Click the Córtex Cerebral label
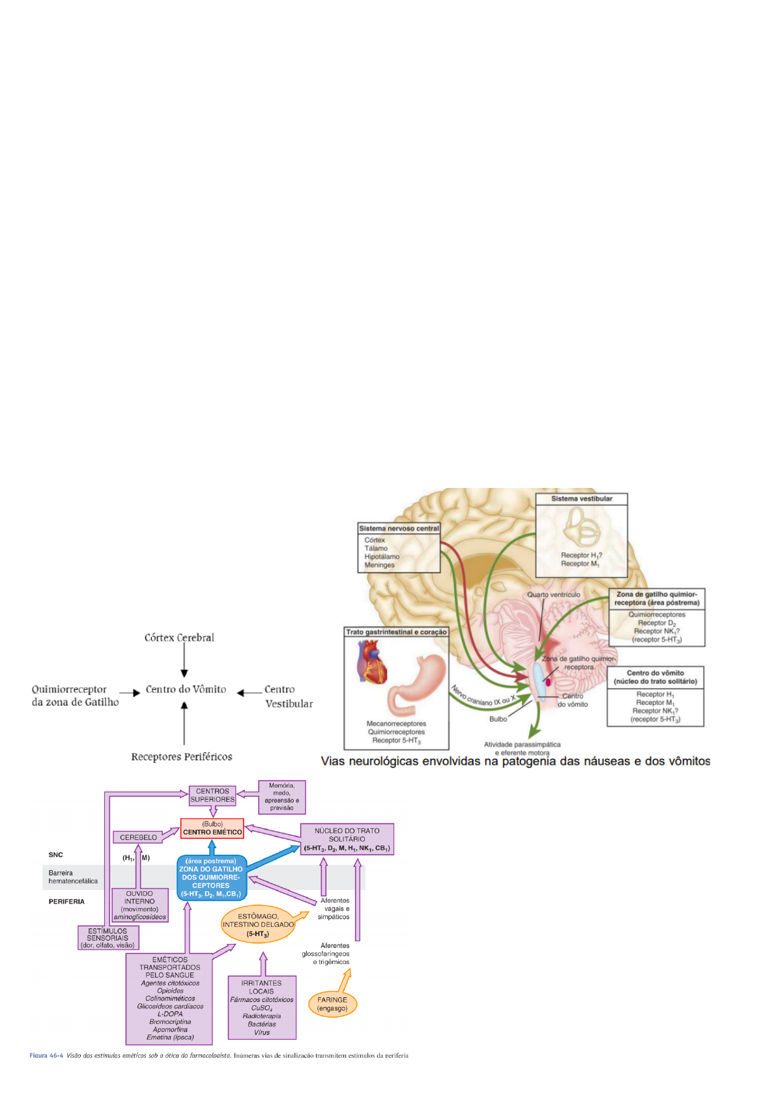pyautogui.click(x=179, y=638)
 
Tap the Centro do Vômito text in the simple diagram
pyautogui.click(x=186, y=689)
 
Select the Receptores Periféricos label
pyautogui.click(x=181, y=757)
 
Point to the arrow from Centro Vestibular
pyautogui.click(x=249, y=693)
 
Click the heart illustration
pyautogui.click(x=371, y=661)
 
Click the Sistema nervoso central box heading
pyautogui.click(x=399, y=528)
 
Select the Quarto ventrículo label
pyautogui.click(x=553, y=595)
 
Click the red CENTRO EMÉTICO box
pyautogui.click(x=212, y=829)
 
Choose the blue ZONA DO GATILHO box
pyautogui.click(x=211, y=877)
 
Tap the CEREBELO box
pyautogui.click(x=138, y=838)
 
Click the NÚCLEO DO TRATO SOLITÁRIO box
pyautogui.click(x=347, y=839)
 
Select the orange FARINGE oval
pyautogui.click(x=332, y=1004)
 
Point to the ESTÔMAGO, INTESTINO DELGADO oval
pyautogui.click(x=258, y=924)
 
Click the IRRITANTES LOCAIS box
pyautogui.click(x=261, y=1007)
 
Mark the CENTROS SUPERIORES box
pyautogui.click(x=212, y=795)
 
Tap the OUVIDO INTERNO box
pyautogui.click(x=139, y=905)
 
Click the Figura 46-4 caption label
pyautogui.click(x=46, y=1055)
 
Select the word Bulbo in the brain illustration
pyautogui.click(x=498, y=719)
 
